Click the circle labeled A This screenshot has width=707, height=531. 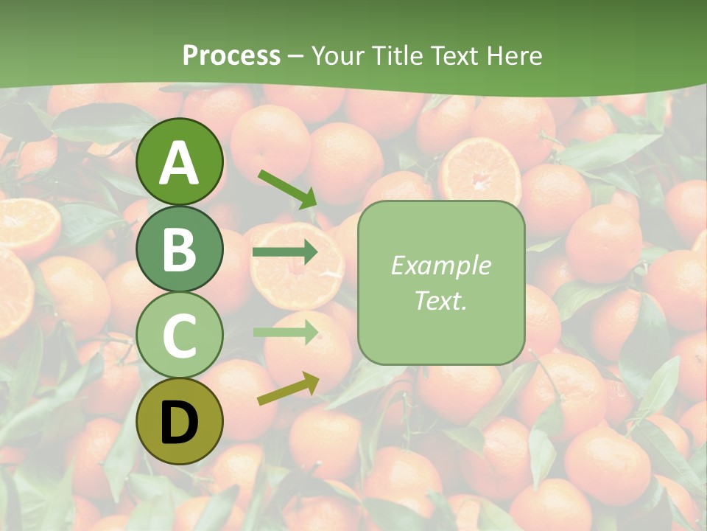[x=180, y=162]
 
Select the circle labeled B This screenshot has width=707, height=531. [x=180, y=249]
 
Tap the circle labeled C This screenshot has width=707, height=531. [x=180, y=335]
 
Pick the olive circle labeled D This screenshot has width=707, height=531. [x=180, y=421]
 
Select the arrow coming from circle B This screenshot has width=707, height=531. [x=285, y=253]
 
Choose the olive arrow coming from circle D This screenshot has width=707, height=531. [x=288, y=389]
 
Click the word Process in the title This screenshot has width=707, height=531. [x=231, y=55]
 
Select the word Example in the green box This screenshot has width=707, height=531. [x=440, y=265]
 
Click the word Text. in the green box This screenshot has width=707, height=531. [x=440, y=300]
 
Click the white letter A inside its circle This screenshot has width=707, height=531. [x=180, y=163]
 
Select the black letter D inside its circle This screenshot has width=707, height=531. [x=180, y=423]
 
